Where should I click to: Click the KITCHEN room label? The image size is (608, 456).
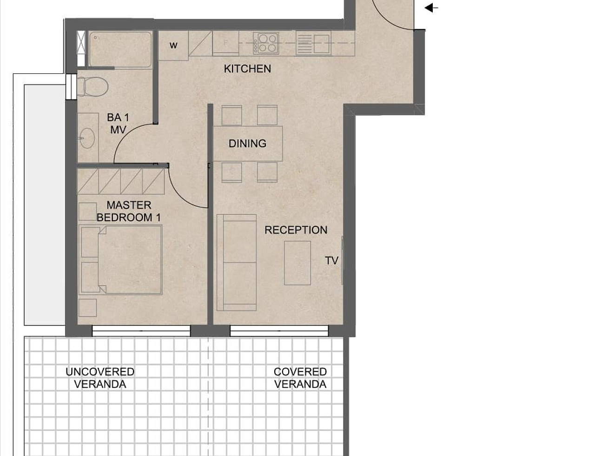point(247,69)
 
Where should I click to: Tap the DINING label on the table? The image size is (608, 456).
point(247,144)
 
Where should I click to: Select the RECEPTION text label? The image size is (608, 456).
point(296,230)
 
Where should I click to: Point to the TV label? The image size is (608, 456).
point(331,260)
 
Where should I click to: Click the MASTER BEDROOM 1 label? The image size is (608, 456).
point(129,211)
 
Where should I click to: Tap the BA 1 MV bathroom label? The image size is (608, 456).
point(118,124)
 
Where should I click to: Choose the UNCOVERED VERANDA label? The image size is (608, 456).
point(100,378)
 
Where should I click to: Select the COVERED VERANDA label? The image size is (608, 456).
point(300,378)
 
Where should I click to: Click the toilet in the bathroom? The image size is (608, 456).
point(93,86)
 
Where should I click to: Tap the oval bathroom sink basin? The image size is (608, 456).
point(87,138)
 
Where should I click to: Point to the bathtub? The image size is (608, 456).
point(120,49)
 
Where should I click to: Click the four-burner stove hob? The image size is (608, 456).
point(266,43)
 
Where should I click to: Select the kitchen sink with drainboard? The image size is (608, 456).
point(313,44)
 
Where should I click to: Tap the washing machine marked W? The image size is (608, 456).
point(173,46)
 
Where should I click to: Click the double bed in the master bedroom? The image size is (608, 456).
point(120,260)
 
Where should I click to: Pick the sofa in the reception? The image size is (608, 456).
point(237,263)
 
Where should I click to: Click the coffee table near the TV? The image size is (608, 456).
point(297,263)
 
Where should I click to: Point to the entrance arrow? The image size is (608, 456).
point(431,8)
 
